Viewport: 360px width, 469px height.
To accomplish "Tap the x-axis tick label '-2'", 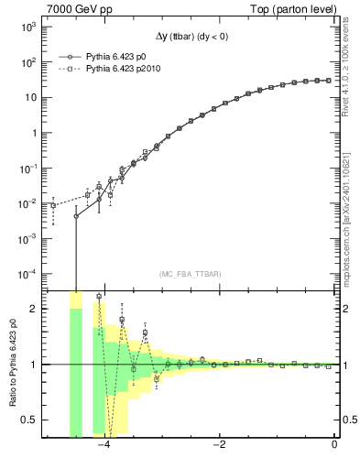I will pos(219,446).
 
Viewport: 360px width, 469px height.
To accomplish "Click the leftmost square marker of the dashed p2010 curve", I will pos(53,206).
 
